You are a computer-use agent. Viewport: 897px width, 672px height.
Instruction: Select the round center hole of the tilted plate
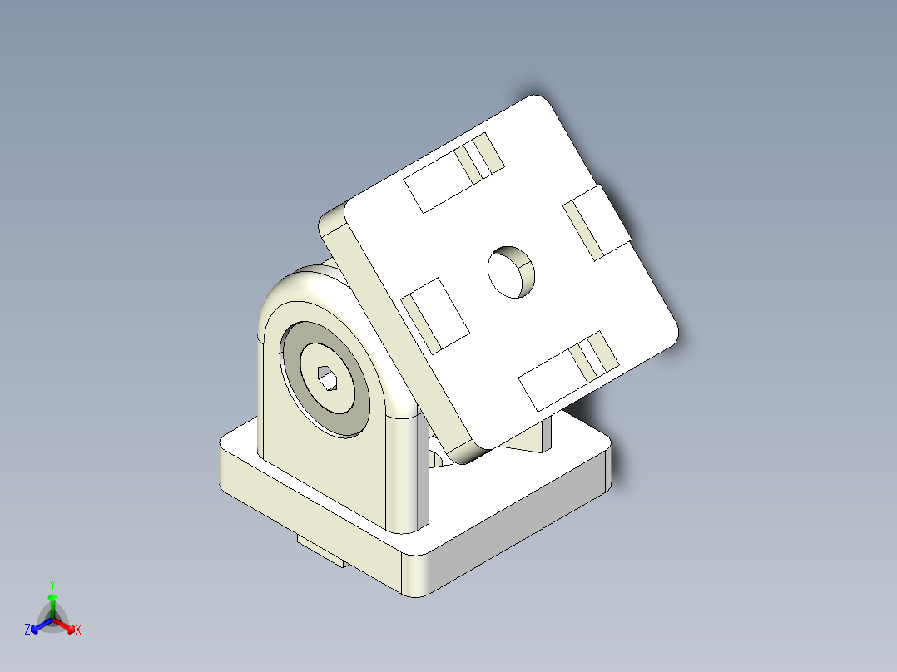(x=510, y=271)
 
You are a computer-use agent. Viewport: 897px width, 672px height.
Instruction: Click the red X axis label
(x=78, y=630)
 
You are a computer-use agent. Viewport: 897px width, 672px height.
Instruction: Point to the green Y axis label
(x=52, y=585)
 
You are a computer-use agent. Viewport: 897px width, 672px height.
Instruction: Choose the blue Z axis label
(x=27, y=630)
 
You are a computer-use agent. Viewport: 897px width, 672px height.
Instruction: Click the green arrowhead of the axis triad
(x=52, y=597)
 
